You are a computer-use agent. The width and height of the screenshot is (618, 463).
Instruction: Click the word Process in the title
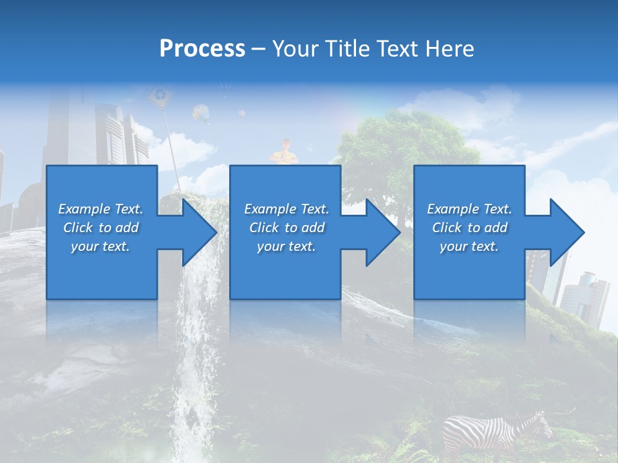tap(202, 49)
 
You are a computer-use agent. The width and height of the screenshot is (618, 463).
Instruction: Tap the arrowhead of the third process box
tap(566, 232)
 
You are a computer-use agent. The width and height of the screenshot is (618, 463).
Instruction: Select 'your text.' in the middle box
tap(286, 246)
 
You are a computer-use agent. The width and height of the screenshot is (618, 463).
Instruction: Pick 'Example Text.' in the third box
tap(469, 209)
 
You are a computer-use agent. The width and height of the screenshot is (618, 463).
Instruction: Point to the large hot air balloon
tap(201, 113)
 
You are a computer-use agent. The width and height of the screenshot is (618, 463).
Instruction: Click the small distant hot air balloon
tap(242, 113)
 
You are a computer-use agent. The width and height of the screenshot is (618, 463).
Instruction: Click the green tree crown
tap(406, 141)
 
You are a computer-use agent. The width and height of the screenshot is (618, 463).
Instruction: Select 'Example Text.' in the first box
tap(100, 209)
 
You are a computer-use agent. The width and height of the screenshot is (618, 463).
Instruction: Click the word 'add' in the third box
tap(496, 228)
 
